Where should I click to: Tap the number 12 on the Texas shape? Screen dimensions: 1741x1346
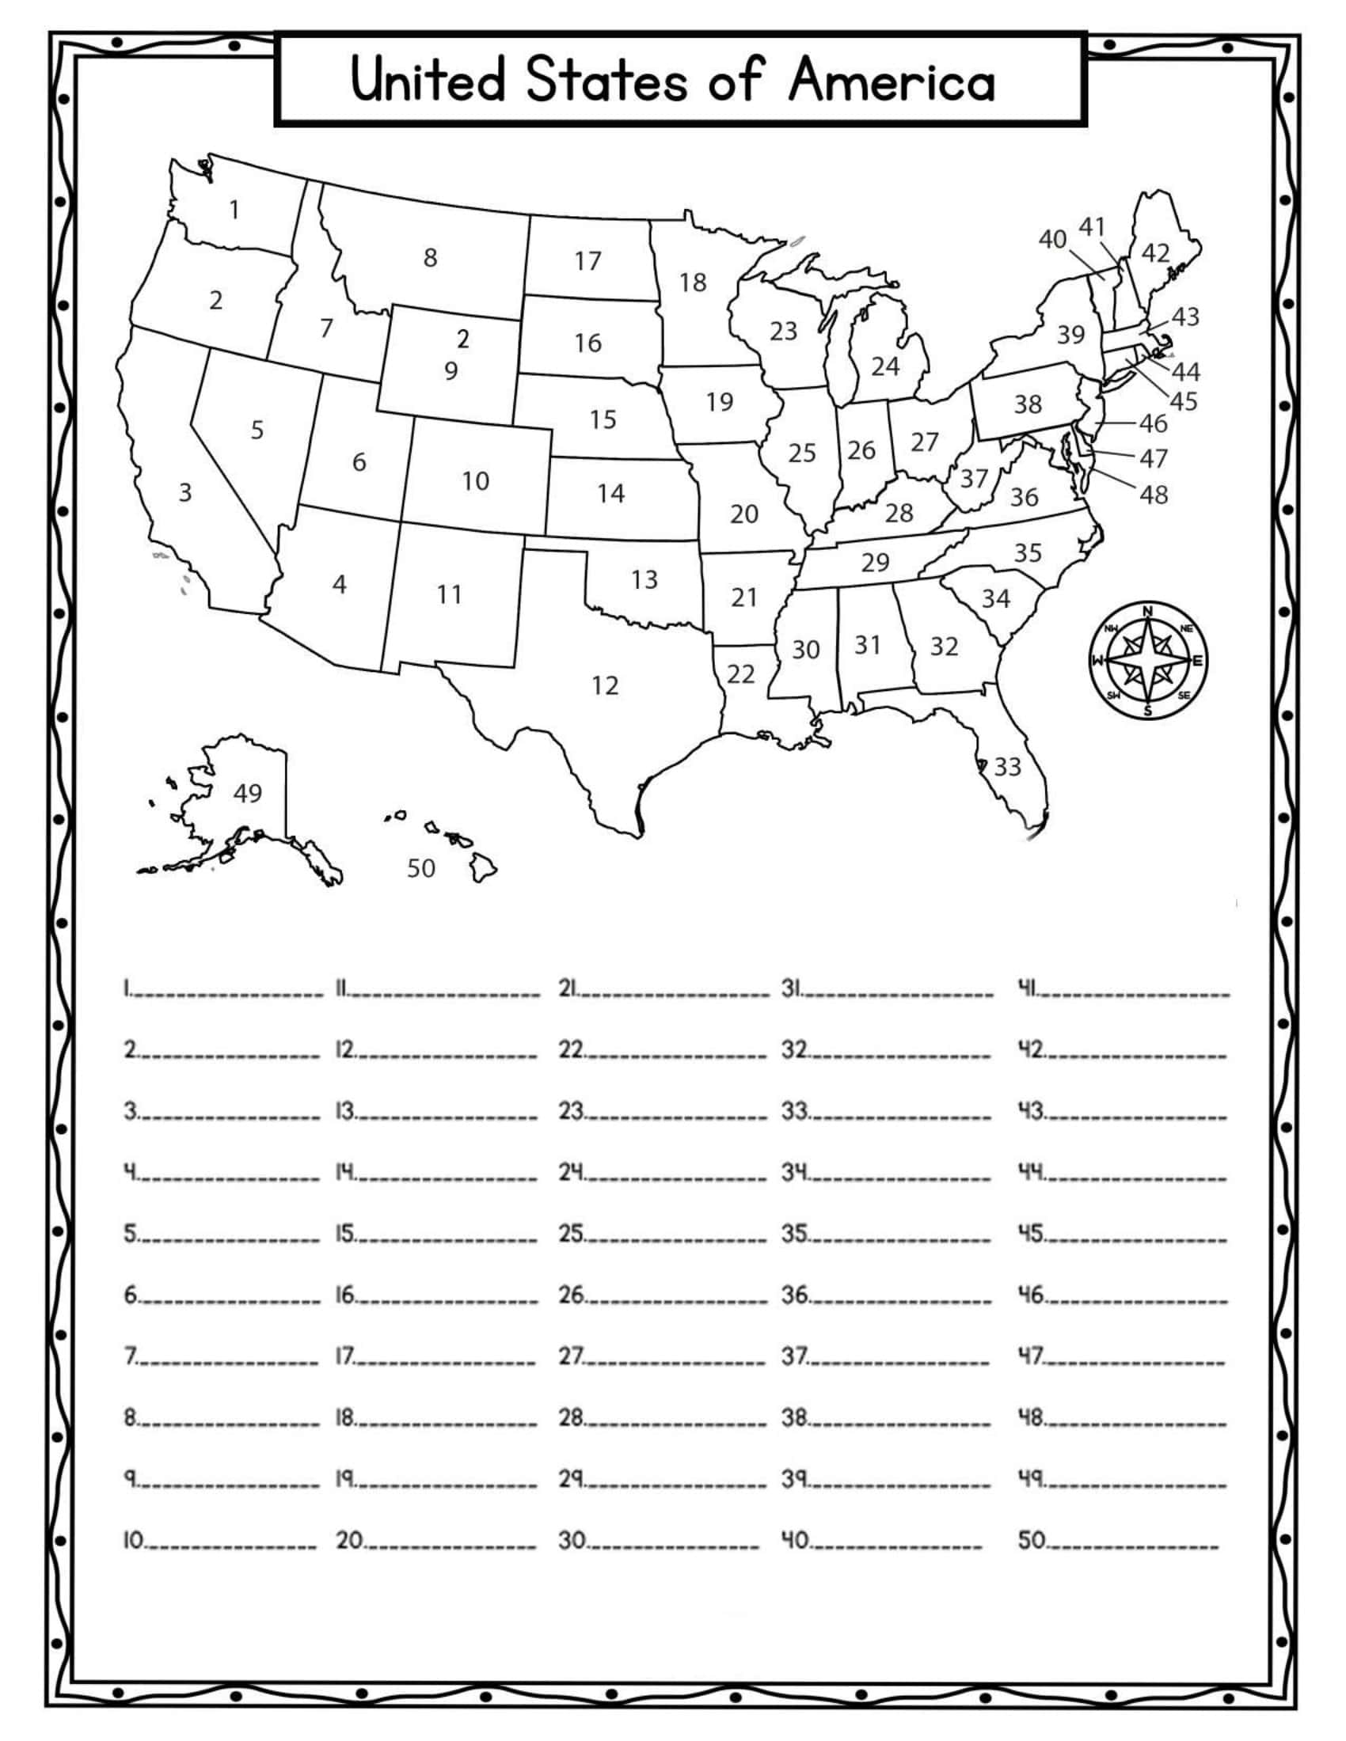(604, 685)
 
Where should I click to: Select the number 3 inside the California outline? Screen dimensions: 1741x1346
(185, 493)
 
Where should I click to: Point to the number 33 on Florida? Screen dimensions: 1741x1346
(1007, 767)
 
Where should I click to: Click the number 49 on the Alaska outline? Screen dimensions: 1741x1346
(247, 793)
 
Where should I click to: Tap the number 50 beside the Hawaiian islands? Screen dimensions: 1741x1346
(421, 868)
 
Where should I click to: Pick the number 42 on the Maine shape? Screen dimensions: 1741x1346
(1155, 252)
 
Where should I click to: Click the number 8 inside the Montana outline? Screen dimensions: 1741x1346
(430, 257)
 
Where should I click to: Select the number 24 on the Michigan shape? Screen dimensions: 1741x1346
(885, 366)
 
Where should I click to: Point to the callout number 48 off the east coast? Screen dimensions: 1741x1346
(1154, 495)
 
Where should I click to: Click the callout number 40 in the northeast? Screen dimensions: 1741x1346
(1052, 238)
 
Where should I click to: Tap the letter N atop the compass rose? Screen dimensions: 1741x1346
(1147, 612)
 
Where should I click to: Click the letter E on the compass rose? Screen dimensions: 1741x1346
(1197, 661)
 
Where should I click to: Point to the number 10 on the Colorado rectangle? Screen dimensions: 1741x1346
(475, 480)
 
